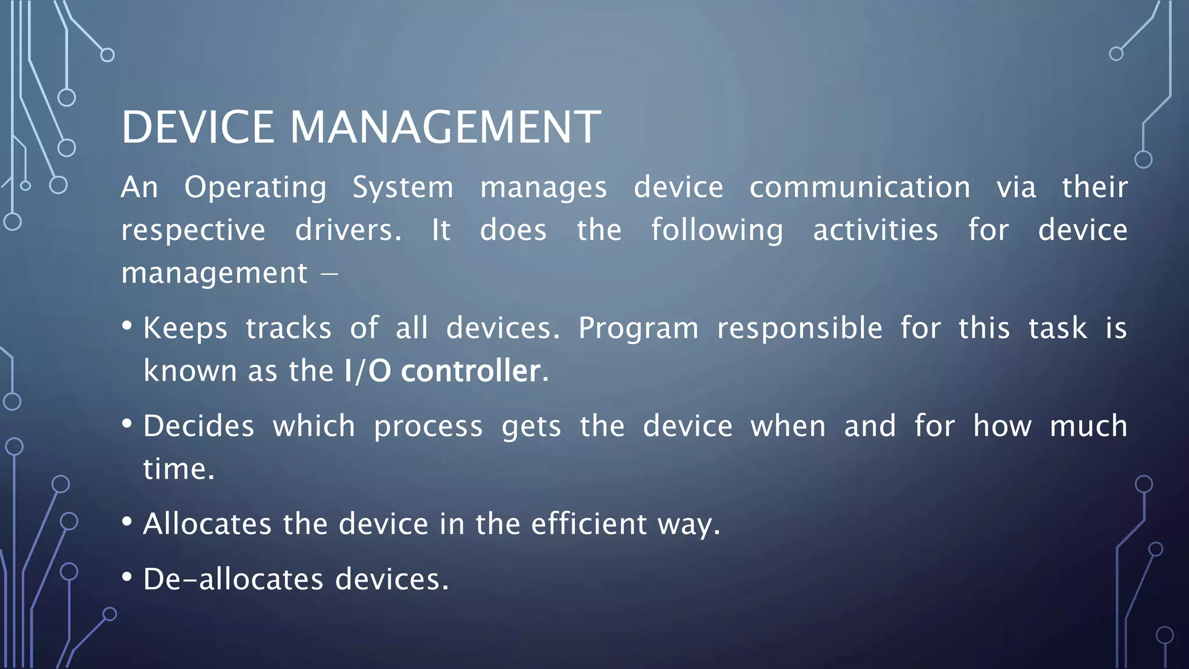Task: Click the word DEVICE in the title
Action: [x=197, y=127]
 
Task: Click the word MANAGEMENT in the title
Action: [x=445, y=127]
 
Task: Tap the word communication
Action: [x=859, y=188]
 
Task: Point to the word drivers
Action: [x=348, y=230]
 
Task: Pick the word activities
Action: [x=875, y=230]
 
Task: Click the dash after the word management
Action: [x=329, y=273]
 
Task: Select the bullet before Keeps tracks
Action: [x=127, y=326]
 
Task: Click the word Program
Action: [x=638, y=329]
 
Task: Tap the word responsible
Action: [x=799, y=329]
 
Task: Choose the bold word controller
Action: [x=471, y=371]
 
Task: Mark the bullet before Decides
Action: [x=127, y=423]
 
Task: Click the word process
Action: [x=428, y=427]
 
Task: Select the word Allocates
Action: [x=207, y=524]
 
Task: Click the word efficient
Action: [x=589, y=524]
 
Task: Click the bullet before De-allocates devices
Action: [x=127, y=577]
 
